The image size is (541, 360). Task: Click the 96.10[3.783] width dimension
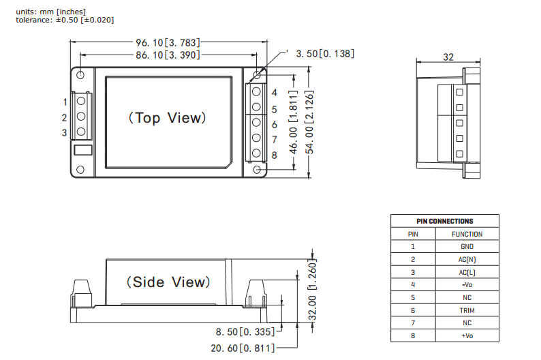click(x=166, y=42)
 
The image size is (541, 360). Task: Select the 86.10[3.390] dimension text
click(x=166, y=54)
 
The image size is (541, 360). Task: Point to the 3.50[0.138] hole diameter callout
click(x=324, y=53)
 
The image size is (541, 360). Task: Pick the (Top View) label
click(x=166, y=117)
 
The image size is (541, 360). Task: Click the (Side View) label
click(x=165, y=282)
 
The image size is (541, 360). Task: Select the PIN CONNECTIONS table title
click(x=444, y=221)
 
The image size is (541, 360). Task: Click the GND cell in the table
click(x=467, y=246)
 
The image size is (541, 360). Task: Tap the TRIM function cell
click(x=467, y=310)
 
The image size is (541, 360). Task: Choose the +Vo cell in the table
click(x=467, y=335)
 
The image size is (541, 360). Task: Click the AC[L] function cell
click(x=467, y=272)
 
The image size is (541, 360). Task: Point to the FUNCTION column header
click(x=467, y=234)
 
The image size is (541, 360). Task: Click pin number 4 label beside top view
click(x=274, y=93)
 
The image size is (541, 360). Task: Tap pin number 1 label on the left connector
click(x=65, y=102)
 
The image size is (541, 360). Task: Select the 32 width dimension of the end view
click(x=448, y=57)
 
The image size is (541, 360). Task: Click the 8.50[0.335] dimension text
click(x=245, y=332)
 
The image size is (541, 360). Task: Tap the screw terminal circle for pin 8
click(x=257, y=154)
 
